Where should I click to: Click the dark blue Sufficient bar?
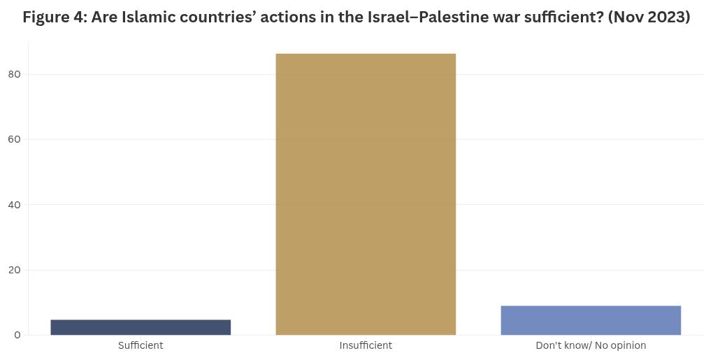coord(141,327)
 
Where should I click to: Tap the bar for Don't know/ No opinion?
coord(591,320)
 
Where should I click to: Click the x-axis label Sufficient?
coord(141,345)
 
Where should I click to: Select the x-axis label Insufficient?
coord(366,345)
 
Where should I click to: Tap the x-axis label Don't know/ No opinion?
coord(591,345)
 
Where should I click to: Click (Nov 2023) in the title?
coord(649,17)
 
